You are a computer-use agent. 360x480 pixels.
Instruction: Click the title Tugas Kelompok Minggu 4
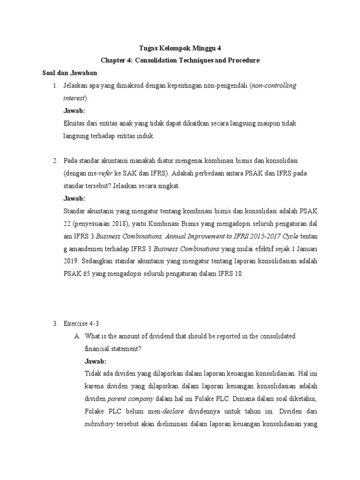tap(180, 47)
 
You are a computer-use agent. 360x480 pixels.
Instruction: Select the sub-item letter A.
tap(77, 337)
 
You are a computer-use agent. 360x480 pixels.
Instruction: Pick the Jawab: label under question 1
tap(74, 111)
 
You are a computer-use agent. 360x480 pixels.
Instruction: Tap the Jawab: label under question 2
tap(74, 198)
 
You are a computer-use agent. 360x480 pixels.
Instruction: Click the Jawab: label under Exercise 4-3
tap(96, 361)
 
